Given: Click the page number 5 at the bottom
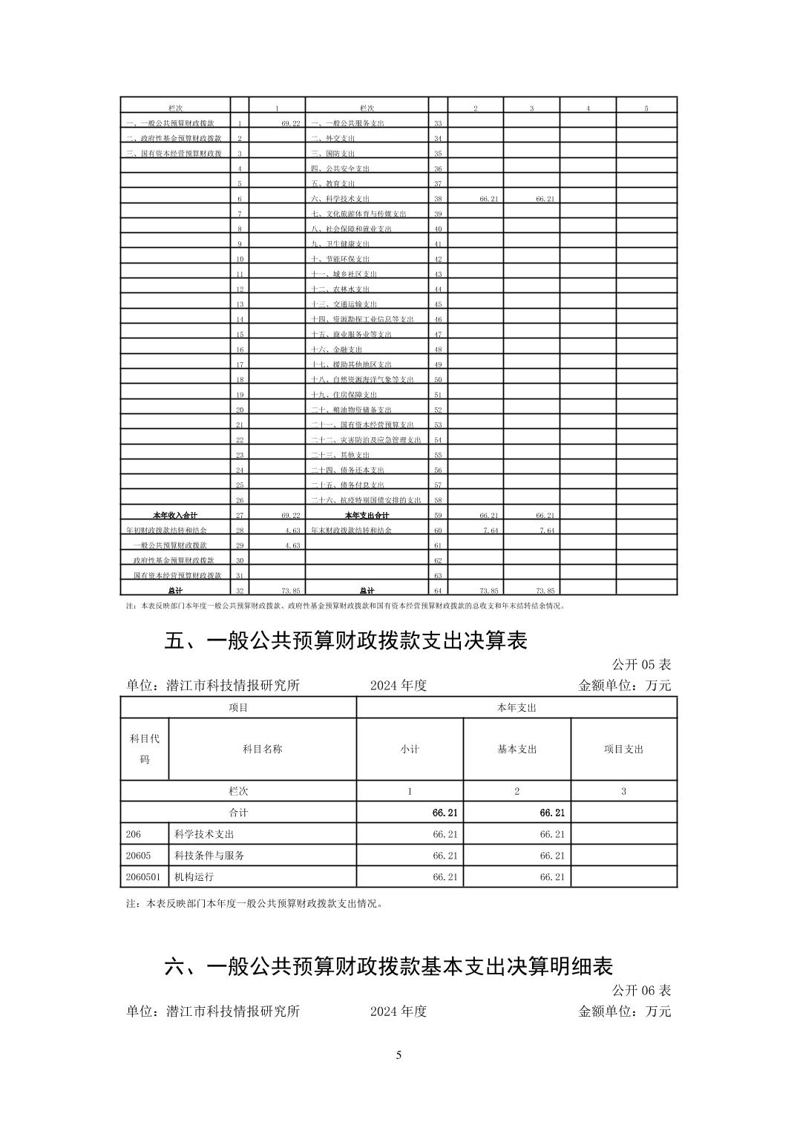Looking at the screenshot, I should [x=398, y=1055].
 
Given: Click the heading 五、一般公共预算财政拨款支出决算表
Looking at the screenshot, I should [x=346, y=640].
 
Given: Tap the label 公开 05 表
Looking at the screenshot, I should [x=641, y=664].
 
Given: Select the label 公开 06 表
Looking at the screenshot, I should [x=641, y=990].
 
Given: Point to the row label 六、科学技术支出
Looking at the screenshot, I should [x=340, y=199].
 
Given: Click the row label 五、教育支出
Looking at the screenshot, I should [x=332, y=183].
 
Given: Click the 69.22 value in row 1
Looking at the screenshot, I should [x=290, y=123].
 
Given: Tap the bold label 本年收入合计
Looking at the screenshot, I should [x=175, y=515].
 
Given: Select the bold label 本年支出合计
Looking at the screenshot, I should [x=367, y=515].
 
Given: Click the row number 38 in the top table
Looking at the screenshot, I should [x=438, y=199].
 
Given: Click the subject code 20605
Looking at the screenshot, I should [x=137, y=855].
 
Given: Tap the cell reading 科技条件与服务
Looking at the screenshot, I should [x=209, y=855].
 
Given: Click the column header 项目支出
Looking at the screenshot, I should [x=623, y=749].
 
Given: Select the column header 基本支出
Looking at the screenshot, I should [x=516, y=749].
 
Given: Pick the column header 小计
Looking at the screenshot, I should [x=410, y=749].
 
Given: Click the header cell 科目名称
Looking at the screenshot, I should [x=263, y=749].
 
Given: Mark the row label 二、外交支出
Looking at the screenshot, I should [x=332, y=138].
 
